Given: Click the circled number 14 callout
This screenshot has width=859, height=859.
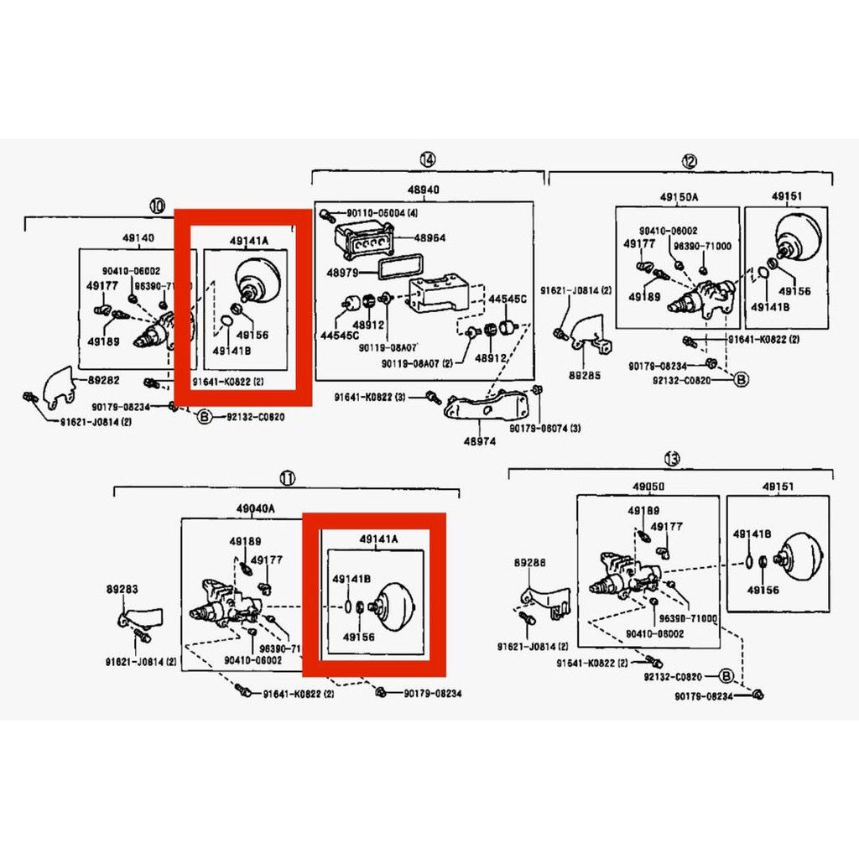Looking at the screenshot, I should (427, 159).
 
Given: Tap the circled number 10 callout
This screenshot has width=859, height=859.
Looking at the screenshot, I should (156, 206).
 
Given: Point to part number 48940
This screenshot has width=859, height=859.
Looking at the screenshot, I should (422, 190).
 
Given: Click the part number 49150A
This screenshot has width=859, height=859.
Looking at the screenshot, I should (679, 196).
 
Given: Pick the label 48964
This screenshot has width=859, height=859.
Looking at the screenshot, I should (429, 237).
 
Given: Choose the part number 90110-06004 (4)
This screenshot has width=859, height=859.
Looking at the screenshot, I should (377, 214).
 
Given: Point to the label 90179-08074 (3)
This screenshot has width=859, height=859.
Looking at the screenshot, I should (545, 428).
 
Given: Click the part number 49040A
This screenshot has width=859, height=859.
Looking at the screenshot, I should (255, 508).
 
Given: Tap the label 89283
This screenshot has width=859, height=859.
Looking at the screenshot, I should (122, 590).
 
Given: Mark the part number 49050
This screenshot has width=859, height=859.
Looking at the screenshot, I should (648, 486).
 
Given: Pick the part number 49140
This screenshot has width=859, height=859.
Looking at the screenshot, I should (138, 238).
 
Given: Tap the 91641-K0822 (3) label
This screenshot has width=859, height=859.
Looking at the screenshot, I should (377, 397).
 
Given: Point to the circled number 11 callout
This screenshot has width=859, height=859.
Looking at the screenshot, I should (288, 478).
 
